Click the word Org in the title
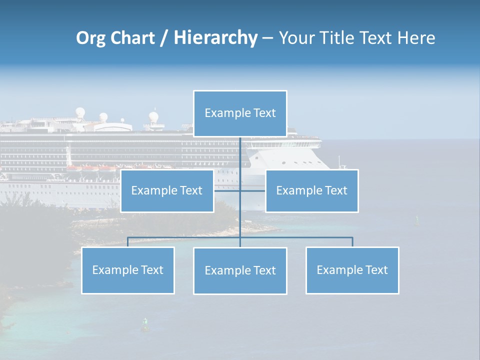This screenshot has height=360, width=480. pos(90,38)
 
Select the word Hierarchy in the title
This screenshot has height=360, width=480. pos(215,38)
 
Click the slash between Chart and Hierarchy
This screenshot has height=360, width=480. pos(164,38)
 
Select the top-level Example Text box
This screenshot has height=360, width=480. pos(240,113)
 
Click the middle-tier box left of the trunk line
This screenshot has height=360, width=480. pos(167,190)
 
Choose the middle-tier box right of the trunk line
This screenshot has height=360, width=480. pos(311,190)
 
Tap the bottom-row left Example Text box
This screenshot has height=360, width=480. pos(127,270)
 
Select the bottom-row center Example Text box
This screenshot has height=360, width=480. pos(240,270)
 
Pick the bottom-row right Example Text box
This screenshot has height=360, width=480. pos(352,270)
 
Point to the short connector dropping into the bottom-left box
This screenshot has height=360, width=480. pos(127,242)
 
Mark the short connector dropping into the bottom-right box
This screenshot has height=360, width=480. pos(352,242)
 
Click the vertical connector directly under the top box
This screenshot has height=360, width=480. pos(240,155)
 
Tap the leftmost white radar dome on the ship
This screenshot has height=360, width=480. pos(80,112)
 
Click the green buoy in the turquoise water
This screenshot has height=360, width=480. pos(145,324)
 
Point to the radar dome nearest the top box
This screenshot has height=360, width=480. pos(153,117)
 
